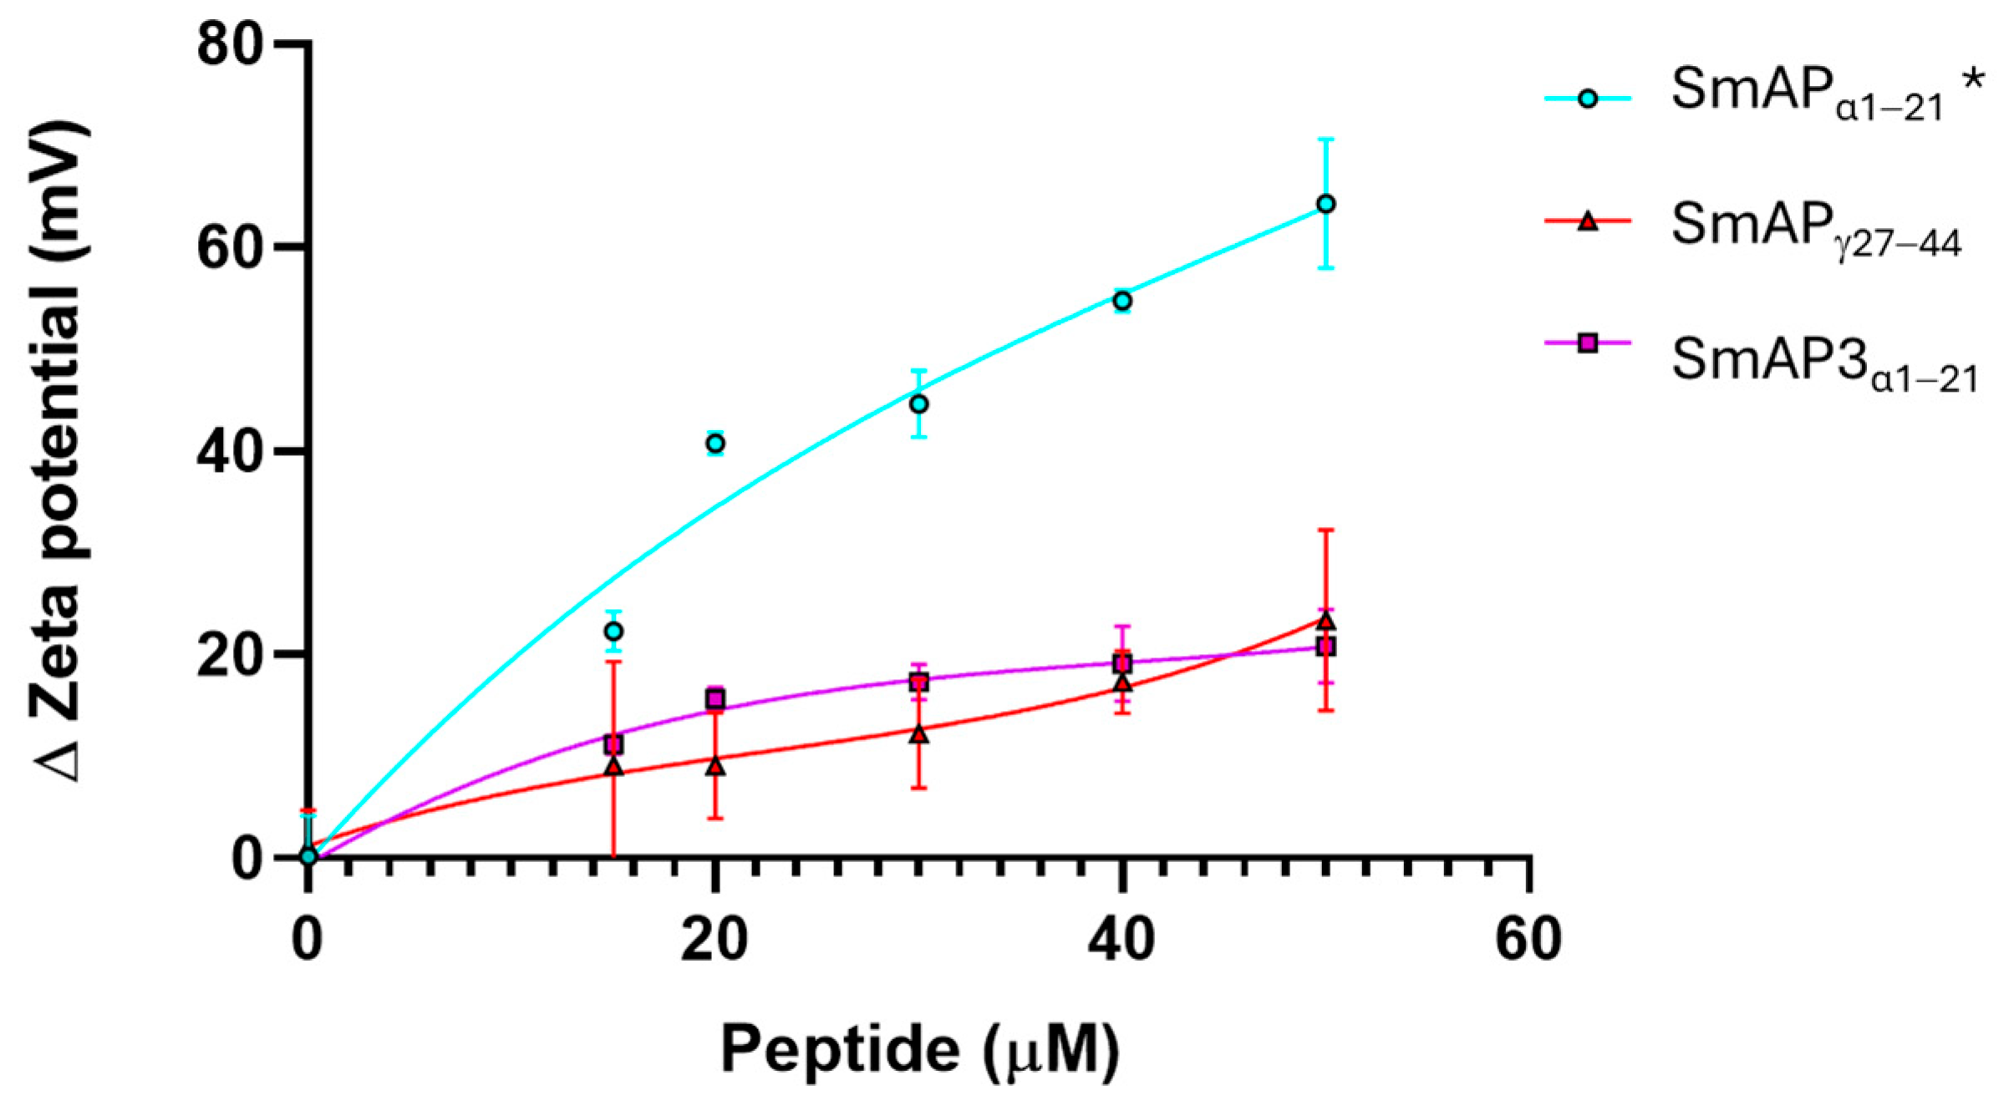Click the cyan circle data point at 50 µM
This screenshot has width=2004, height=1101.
click(1325, 204)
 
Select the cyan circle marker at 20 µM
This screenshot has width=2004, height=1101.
click(715, 444)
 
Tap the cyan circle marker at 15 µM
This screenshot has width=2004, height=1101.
click(613, 631)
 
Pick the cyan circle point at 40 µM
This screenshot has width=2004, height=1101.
click(1122, 301)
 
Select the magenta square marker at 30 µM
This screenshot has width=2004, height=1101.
click(918, 682)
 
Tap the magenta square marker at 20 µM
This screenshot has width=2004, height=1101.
click(715, 699)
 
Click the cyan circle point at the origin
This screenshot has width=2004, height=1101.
click(308, 856)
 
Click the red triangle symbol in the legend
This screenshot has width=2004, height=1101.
click(1587, 221)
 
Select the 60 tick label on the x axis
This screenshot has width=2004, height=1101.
click(1528, 939)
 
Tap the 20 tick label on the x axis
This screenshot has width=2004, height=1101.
click(715, 939)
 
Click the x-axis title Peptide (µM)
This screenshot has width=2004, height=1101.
click(918, 1049)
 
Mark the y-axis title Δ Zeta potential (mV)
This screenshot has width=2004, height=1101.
click(58, 451)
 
